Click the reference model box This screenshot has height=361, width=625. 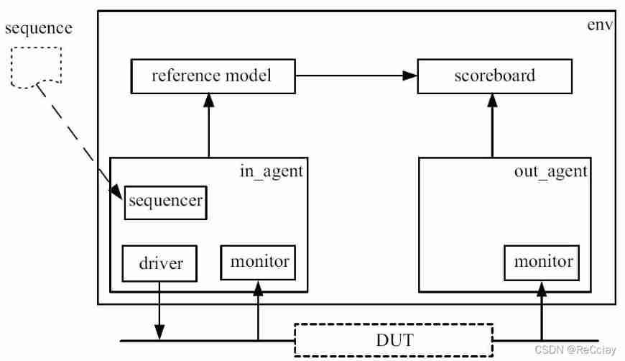pos(213,76)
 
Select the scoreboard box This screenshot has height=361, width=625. pos(495,76)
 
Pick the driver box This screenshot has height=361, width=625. pos(160,263)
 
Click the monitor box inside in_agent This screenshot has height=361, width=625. pos(259,262)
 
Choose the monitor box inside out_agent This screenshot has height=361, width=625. pos(543,262)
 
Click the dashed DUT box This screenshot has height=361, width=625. pos(394,340)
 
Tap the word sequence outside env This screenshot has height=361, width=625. pos(38,28)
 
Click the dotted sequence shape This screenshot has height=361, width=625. pos(36,68)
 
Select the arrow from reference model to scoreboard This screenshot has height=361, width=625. pos(356,76)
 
